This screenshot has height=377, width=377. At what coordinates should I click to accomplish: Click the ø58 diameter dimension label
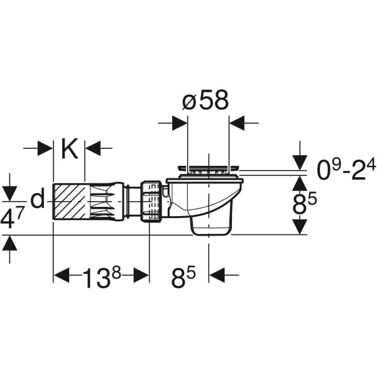coord(205,101)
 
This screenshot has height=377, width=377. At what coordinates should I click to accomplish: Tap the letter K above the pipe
coord(69,149)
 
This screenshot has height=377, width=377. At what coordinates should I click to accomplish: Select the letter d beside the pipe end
coord(38,199)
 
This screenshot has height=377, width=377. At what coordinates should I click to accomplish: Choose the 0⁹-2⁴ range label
coord(345,168)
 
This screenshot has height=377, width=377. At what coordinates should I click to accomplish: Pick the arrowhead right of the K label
coord(92,149)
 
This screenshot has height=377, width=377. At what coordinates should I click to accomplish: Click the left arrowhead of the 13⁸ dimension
coord(61,275)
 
